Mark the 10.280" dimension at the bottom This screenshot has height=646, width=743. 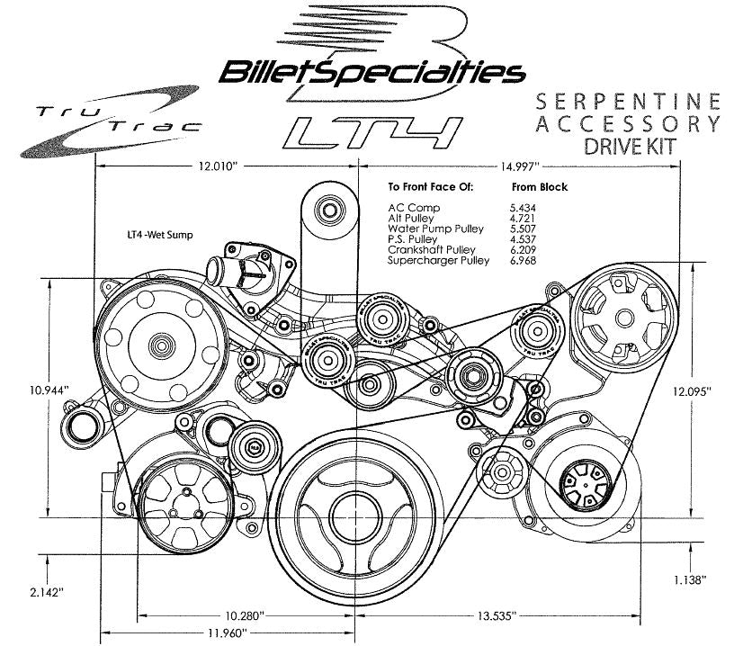(244, 616)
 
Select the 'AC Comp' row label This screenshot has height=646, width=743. (408, 207)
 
